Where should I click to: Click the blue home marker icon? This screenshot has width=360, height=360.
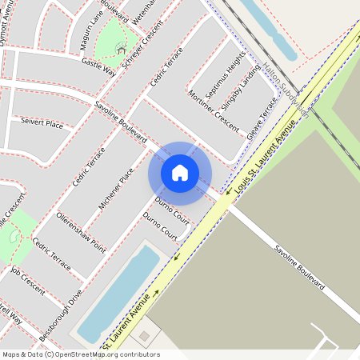point(180,173)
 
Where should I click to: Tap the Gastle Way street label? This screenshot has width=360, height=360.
point(99,66)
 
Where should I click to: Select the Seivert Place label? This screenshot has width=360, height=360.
point(42,124)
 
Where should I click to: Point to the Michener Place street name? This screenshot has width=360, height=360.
point(116,189)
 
